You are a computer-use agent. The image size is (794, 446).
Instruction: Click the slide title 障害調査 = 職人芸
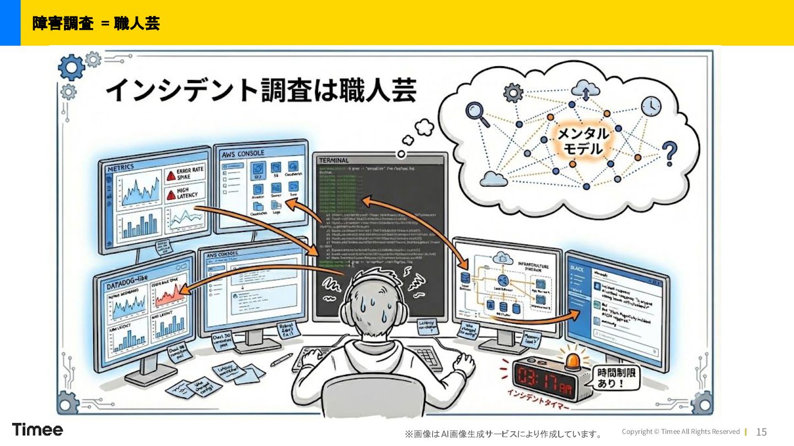pyautogui.click(x=96, y=23)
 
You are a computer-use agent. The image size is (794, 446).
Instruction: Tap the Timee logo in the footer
pyautogui.click(x=37, y=429)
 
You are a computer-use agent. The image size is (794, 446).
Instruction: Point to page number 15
pyautogui.click(x=761, y=432)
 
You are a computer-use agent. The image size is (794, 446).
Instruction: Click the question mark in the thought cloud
pyautogui.click(x=669, y=154)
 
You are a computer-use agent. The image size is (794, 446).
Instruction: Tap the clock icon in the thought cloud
pyautogui.click(x=651, y=106)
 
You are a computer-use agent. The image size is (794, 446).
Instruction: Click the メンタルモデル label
pyautogui.click(x=583, y=142)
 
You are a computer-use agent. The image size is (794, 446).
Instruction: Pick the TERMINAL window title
pyautogui.click(x=334, y=160)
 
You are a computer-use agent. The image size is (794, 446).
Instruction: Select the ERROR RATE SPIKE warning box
pyautogui.click(x=185, y=175)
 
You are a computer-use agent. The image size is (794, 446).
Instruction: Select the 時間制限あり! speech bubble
pyautogui.click(x=616, y=379)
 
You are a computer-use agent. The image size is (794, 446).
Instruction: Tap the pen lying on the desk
pyautogui.click(x=281, y=360)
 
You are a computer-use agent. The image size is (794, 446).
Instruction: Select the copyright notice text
pyautogui.click(x=680, y=432)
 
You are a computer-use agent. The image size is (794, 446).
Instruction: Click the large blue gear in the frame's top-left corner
pyautogui.click(x=71, y=68)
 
